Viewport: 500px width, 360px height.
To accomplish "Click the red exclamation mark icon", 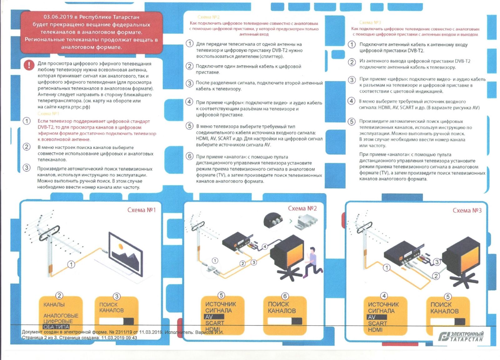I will click(29, 65).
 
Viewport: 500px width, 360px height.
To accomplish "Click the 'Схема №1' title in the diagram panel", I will click(141, 210).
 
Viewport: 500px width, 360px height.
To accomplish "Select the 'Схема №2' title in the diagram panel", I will click(302, 208).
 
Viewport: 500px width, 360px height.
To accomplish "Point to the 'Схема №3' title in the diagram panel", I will click(467, 210).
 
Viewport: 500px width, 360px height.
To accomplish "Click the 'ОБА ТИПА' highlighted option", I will click(56, 327).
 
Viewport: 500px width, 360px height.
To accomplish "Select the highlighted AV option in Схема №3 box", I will click(372, 317).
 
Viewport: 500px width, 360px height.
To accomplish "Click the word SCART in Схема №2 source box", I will click(215, 323).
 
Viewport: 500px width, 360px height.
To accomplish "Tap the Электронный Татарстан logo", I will click(461, 336).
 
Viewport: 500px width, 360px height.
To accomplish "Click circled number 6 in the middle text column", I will click(189, 156).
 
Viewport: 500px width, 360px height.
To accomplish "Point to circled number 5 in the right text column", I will click(352, 121).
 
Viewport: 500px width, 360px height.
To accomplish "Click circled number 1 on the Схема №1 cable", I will click(71, 264).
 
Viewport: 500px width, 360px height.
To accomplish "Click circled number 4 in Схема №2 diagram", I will click(265, 247).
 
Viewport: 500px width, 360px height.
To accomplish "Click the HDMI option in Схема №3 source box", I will click(375, 330).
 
